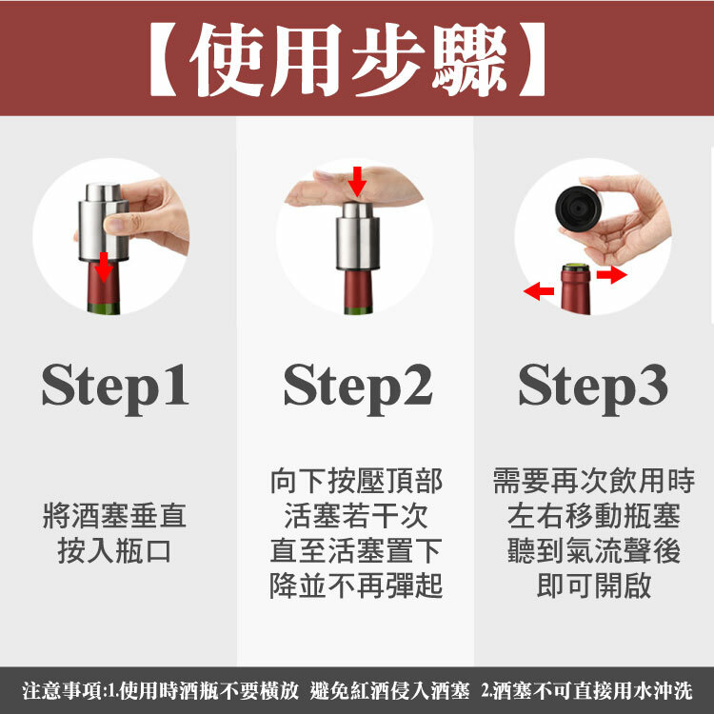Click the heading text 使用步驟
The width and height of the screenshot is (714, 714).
pos(347,59)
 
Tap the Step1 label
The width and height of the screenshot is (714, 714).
pos(115,388)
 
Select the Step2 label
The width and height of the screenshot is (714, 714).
pos(358,388)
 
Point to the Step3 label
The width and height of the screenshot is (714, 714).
pos(593,388)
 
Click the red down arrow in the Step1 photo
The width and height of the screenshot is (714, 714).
pos(104,267)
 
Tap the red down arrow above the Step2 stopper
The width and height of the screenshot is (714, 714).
pos(357,181)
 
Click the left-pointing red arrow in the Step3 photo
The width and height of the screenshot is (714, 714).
pos(539,291)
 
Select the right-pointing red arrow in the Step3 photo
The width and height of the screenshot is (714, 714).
pos(611,274)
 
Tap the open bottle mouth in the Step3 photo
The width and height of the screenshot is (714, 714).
pos(576,268)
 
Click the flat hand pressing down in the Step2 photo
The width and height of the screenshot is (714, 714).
pos(354,187)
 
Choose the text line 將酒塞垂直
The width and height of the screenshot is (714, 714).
pos(115,515)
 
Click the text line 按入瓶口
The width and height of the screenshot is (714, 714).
pos(114,550)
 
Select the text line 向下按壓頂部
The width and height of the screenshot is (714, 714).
pos(356,481)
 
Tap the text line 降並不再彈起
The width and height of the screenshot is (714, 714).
pos(356,585)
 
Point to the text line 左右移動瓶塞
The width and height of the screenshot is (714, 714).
pos(594,515)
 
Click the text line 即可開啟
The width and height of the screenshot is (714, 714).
pos(594,585)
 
